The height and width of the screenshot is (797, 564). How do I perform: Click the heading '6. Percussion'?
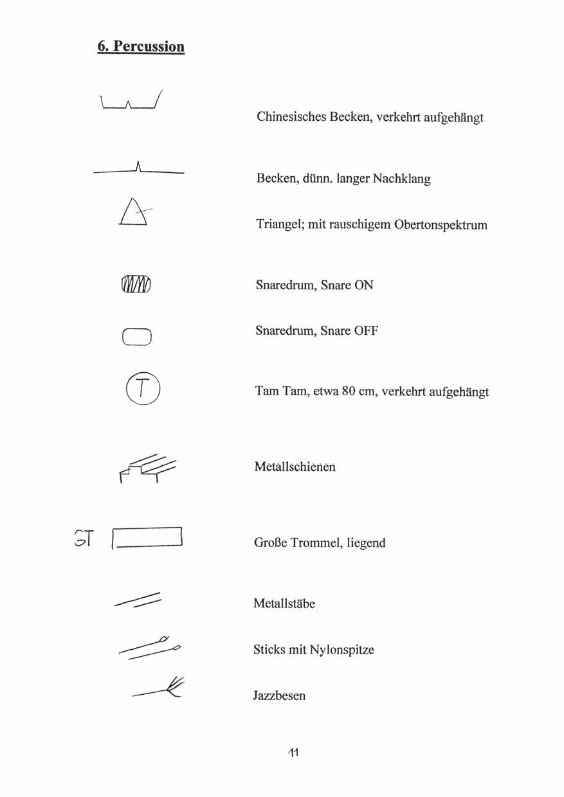[x=141, y=46]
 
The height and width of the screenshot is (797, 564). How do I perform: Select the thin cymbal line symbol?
[x=138, y=170]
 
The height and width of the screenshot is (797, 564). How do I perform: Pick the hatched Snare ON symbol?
[x=135, y=283]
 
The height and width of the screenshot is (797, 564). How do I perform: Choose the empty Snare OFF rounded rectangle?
[x=136, y=337]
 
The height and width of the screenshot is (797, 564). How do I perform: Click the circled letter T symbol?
[x=142, y=388]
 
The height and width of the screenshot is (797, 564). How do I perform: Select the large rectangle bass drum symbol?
[x=148, y=537]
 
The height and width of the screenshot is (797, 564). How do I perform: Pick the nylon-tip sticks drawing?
[x=150, y=647]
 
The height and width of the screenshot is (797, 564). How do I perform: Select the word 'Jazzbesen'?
[x=279, y=695]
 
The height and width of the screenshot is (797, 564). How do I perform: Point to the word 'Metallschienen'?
[x=295, y=467]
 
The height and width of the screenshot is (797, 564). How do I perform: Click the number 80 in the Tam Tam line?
[x=349, y=391]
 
